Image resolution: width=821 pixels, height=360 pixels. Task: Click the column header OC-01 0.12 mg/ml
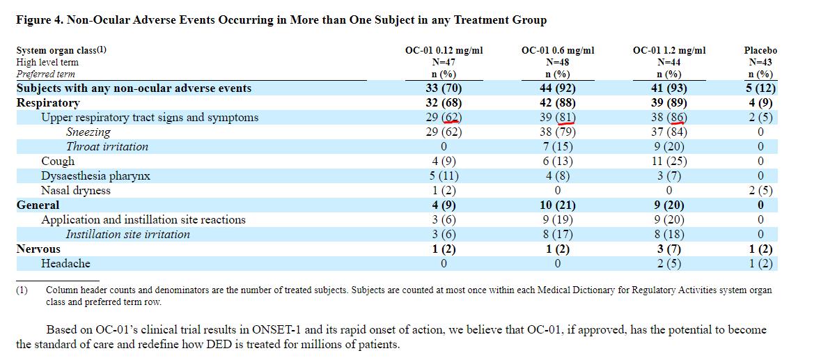tap(444, 50)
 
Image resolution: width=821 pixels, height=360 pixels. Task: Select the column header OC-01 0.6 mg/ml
tap(557, 50)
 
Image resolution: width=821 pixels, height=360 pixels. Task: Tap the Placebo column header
tap(760, 50)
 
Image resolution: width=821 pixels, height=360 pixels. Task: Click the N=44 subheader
tap(668, 62)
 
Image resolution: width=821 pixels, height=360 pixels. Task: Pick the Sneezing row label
tap(88, 132)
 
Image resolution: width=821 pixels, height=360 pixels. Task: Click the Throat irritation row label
tap(107, 146)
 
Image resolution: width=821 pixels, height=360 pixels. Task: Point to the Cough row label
tap(58, 161)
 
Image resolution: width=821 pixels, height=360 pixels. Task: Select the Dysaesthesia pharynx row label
tap(95, 175)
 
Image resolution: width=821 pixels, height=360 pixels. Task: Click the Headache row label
tap(65, 263)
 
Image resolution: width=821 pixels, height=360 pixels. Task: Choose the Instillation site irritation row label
tap(127, 234)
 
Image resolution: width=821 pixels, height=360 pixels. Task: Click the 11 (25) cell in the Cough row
tap(668, 161)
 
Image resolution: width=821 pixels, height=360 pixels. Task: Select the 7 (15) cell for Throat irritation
tap(557, 146)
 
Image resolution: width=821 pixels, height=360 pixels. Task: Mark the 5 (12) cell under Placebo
tap(760, 88)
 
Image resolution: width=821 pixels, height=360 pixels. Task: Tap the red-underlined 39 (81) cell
tap(557, 117)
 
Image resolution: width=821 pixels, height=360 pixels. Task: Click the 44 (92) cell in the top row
tap(557, 88)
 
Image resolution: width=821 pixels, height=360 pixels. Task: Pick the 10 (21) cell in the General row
tap(557, 205)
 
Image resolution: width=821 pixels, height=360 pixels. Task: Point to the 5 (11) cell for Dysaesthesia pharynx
tap(444, 175)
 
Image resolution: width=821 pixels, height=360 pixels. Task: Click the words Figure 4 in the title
tap(39, 19)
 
